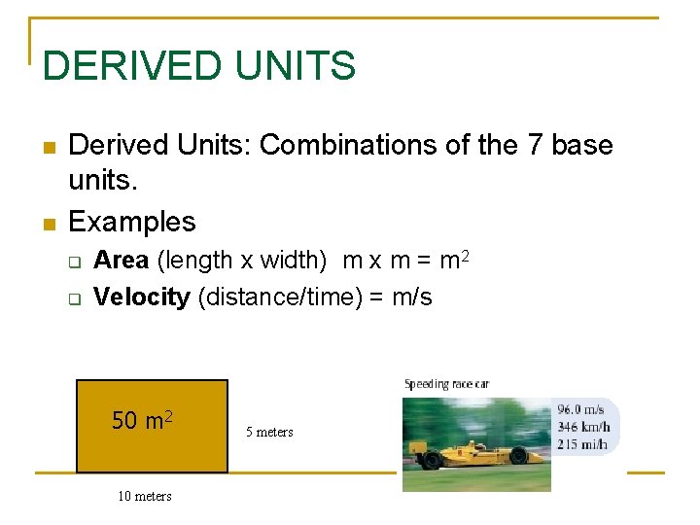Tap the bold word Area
coord(121,261)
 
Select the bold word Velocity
coord(141,297)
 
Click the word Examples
coord(132,222)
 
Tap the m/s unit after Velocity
coord(411,297)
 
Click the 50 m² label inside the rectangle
coord(142,420)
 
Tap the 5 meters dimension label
coord(269,432)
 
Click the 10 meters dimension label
coord(145,496)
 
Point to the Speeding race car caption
coord(446,384)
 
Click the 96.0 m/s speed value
coord(581,410)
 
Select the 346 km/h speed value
coord(583,427)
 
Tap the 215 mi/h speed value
coord(583,444)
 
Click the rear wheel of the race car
coord(430,460)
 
